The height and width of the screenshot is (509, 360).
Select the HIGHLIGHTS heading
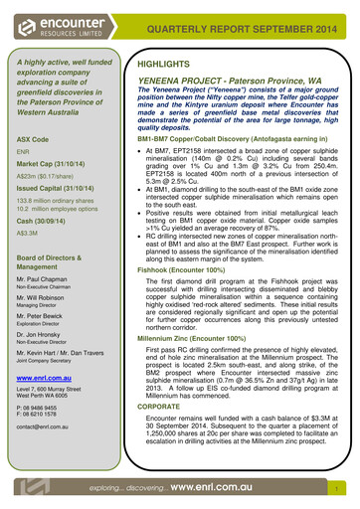pyautogui.click(x=166, y=64)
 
